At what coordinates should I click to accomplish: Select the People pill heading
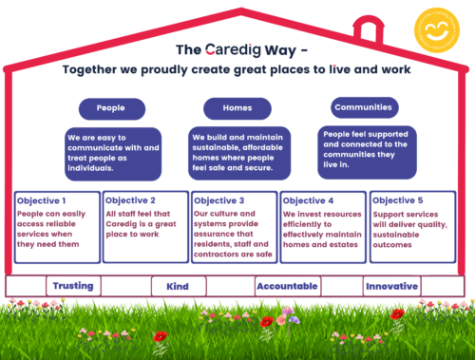(110, 107)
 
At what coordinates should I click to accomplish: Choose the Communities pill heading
(365, 106)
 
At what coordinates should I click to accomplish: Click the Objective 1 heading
(42, 200)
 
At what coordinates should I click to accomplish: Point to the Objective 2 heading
(130, 200)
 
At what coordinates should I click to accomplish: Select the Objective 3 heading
(219, 200)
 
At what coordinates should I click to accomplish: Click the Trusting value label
(73, 285)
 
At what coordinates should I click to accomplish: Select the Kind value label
(178, 286)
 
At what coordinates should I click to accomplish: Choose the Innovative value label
(391, 285)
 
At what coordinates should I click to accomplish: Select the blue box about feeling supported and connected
(365, 151)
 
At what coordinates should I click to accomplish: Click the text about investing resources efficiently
(323, 227)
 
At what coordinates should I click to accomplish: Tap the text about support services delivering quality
(409, 227)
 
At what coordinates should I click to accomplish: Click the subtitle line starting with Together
(237, 69)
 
